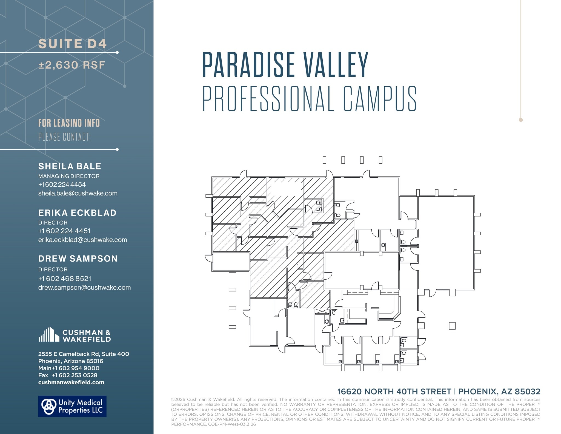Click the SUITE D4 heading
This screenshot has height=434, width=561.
pos(72,44)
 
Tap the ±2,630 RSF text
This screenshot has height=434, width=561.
pos(72,65)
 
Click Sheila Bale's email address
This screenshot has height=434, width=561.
pos(78,193)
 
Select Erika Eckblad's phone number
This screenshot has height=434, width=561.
pos(64,231)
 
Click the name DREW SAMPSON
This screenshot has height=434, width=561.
pos(78,259)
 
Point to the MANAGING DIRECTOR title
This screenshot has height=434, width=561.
pos(69,176)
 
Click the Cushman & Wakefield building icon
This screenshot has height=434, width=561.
pos(49,334)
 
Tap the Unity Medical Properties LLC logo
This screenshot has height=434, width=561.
pos(72,406)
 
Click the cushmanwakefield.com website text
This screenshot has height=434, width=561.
pos(71,382)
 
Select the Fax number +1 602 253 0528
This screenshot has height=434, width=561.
pos(74,375)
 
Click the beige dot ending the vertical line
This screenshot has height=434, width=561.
pos(521,120)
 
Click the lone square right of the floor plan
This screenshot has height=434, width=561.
pos(452,326)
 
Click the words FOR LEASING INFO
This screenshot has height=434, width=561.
pos(69,123)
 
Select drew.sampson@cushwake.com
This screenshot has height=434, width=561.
pos(84,288)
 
